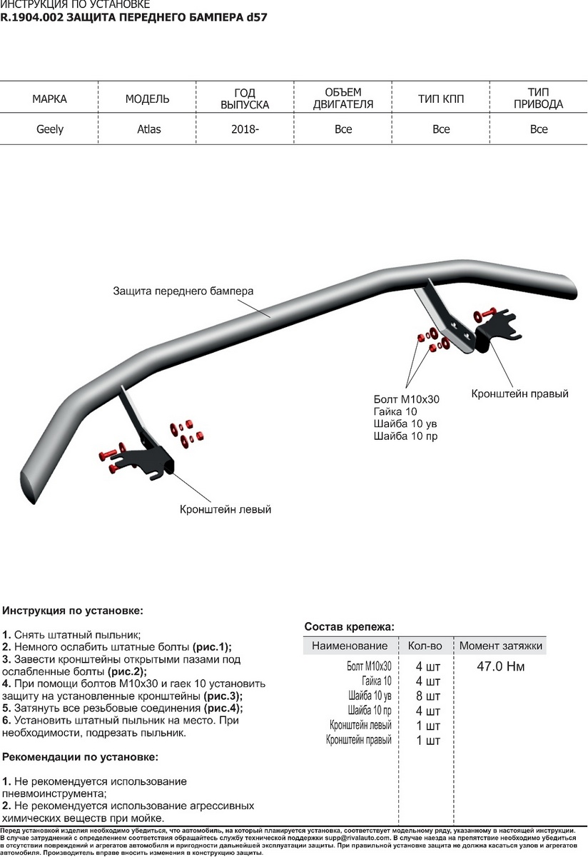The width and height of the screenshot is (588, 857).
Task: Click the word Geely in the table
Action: pos(50,129)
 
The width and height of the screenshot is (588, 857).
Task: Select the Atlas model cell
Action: pos(148,129)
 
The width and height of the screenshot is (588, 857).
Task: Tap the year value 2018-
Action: pos(245,129)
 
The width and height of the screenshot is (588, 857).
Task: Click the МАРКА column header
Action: pos(50,99)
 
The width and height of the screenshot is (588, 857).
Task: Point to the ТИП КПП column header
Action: pos(441,99)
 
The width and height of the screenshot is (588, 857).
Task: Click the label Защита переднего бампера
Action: pos(183,291)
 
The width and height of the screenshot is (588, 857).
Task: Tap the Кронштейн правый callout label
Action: pos(519,394)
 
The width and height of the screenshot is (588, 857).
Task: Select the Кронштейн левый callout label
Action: pos(225,510)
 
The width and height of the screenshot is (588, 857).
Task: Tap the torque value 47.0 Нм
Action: pos(501,667)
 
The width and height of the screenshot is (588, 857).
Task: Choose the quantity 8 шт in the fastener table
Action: pos(428,696)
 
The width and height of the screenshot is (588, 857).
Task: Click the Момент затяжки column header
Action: pos(501,646)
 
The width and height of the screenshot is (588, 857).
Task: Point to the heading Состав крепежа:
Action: pos(349,626)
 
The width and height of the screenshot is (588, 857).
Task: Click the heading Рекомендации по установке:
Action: pos(81,756)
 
